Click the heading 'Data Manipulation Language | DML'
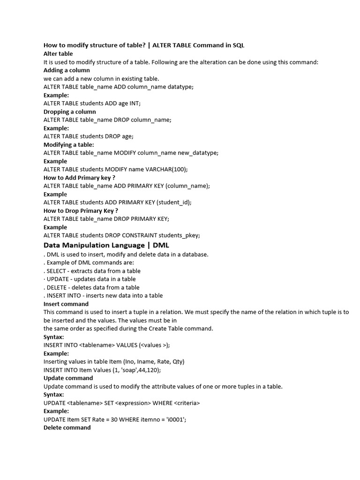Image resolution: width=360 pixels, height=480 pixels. (x=106, y=245)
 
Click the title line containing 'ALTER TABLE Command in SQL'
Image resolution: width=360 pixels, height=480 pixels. (x=144, y=45)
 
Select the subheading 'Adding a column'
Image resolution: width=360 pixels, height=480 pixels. (x=67, y=70)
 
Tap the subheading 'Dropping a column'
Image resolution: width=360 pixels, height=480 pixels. (x=69, y=112)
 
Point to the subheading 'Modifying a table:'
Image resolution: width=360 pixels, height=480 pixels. (x=68, y=144)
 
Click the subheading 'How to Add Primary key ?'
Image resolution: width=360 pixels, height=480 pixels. (x=79, y=178)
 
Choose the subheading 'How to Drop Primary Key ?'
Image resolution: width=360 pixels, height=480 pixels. (x=81, y=210)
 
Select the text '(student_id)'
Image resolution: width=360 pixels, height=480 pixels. (x=174, y=202)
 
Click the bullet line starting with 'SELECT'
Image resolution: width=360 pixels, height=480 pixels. (x=92, y=271)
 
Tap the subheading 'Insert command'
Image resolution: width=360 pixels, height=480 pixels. (x=66, y=304)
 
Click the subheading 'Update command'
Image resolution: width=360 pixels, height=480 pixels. (x=68, y=378)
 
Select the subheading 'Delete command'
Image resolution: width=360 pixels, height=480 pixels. (x=67, y=427)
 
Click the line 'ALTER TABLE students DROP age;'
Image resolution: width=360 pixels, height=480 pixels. (x=89, y=136)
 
